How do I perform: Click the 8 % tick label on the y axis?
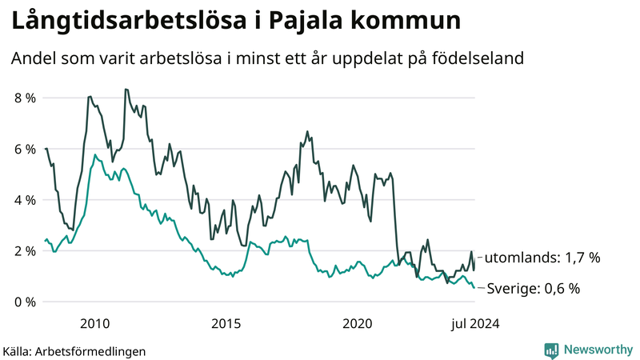pos(23,98)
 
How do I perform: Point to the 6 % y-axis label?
pos(23,150)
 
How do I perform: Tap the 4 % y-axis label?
pos(23,200)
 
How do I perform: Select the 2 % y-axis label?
pos(23,251)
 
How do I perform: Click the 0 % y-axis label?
pos(23,302)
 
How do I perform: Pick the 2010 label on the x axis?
pos(95,323)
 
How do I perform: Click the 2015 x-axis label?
pos(226,323)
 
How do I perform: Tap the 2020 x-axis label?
pos(358,323)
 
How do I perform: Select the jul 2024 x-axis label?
pos(472,323)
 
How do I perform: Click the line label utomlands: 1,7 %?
pos(542,258)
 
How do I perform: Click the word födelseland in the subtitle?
pos(476,58)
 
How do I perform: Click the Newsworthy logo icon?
pos(551,350)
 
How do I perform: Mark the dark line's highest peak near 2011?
pos(126,89)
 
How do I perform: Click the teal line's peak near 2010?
pos(95,154)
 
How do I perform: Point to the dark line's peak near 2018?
pos(307,131)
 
